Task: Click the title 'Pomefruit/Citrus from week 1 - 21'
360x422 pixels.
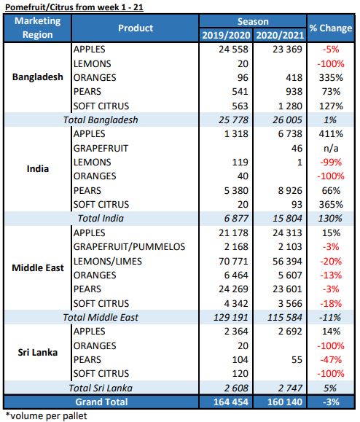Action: click(x=74, y=7)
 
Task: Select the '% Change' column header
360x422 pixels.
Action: click(x=330, y=28)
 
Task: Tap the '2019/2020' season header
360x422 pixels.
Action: click(x=226, y=35)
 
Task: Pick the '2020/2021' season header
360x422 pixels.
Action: click(x=280, y=35)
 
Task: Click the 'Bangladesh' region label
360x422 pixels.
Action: click(x=38, y=77)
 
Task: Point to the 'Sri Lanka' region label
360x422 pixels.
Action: click(x=38, y=352)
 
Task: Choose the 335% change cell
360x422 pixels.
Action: click(x=331, y=78)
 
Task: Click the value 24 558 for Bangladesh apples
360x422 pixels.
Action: click(x=233, y=50)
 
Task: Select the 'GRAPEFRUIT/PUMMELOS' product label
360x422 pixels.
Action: click(x=129, y=247)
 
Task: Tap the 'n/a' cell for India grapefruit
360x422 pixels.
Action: click(x=331, y=148)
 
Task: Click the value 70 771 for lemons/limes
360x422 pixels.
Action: click(x=233, y=262)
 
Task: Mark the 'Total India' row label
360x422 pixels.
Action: click(x=101, y=218)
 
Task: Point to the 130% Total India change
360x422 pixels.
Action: click(x=330, y=218)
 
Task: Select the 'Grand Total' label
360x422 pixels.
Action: click(x=101, y=402)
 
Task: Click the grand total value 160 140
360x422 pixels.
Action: click(x=285, y=402)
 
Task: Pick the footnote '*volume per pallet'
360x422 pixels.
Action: click(x=46, y=416)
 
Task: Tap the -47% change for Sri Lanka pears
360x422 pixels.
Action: click(x=331, y=360)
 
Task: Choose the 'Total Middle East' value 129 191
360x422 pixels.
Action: click(x=231, y=318)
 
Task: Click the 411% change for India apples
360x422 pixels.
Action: click(x=331, y=134)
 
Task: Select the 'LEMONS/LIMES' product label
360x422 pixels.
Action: click(x=108, y=262)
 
